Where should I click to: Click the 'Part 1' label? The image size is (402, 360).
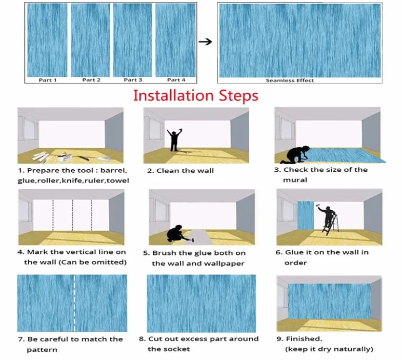(48, 80)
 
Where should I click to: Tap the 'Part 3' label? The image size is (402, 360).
(133, 80)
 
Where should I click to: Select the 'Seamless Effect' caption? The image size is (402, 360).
(290, 80)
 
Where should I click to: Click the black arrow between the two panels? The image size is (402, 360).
(205, 42)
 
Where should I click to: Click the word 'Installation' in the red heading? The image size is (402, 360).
(173, 95)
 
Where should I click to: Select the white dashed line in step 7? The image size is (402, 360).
(74, 303)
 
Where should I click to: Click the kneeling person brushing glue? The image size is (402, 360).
(177, 233)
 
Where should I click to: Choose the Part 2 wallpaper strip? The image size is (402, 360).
(90, 40)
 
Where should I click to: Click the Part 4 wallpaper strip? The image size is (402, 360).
(175, 40)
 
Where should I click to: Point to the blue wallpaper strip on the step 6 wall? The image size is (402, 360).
(306, 215)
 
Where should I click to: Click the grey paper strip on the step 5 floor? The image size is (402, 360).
(200, 237)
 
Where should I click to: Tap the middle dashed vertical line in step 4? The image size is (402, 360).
(73, 215)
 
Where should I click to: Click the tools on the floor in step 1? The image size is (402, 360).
(72, 157)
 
